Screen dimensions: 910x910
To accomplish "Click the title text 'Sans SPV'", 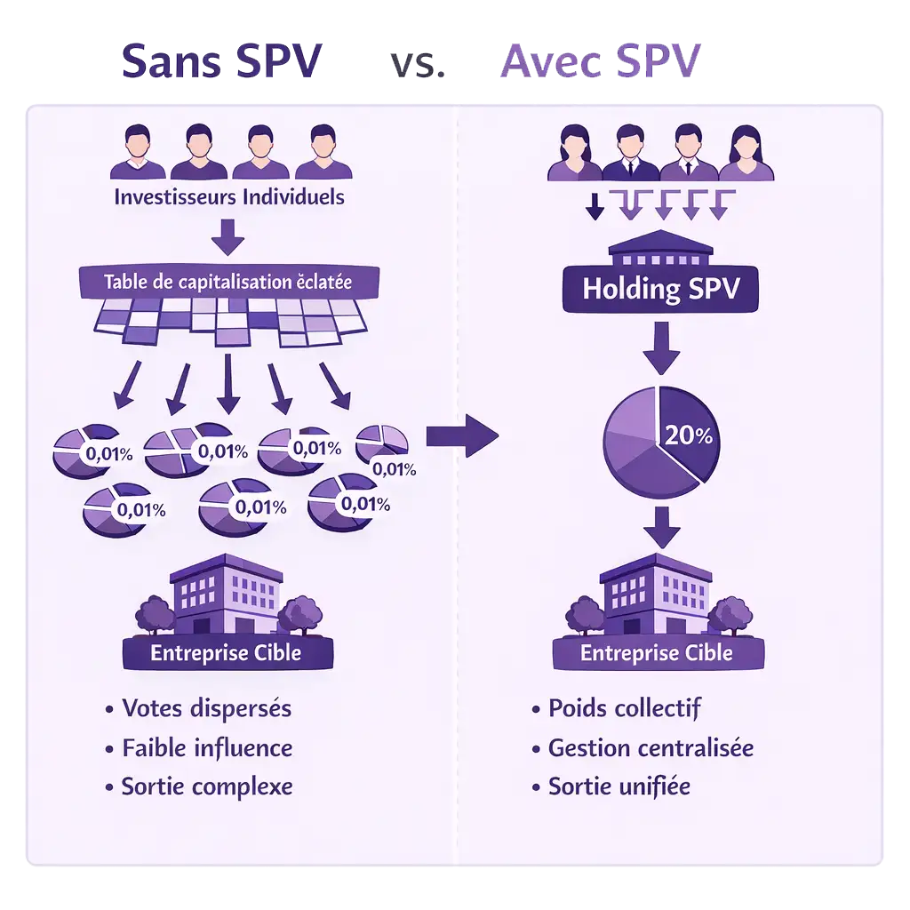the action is point(222,61).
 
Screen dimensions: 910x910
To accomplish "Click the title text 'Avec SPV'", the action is point(602,61).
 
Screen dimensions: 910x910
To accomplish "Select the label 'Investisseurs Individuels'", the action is point(228,196).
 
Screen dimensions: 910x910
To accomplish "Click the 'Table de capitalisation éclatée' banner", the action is point(227,283).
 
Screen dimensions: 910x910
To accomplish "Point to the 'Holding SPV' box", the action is point(660,288).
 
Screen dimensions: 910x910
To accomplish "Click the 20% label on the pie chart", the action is point(688,435).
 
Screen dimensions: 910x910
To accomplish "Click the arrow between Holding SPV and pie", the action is point(661,349).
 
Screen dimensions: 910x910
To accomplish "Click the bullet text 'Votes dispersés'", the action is point(206,708).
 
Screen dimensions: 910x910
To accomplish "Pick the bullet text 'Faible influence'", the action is point(207,747).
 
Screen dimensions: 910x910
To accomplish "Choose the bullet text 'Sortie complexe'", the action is point(207,786).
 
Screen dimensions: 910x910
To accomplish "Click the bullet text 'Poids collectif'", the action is point(624,708).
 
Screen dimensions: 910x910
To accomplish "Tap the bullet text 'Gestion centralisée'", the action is point(651,747).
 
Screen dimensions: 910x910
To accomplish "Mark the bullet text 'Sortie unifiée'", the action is point(619,786).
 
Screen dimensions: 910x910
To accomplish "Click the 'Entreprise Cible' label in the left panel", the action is point(226,653).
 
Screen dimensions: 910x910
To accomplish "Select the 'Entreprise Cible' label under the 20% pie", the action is point(657,653).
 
